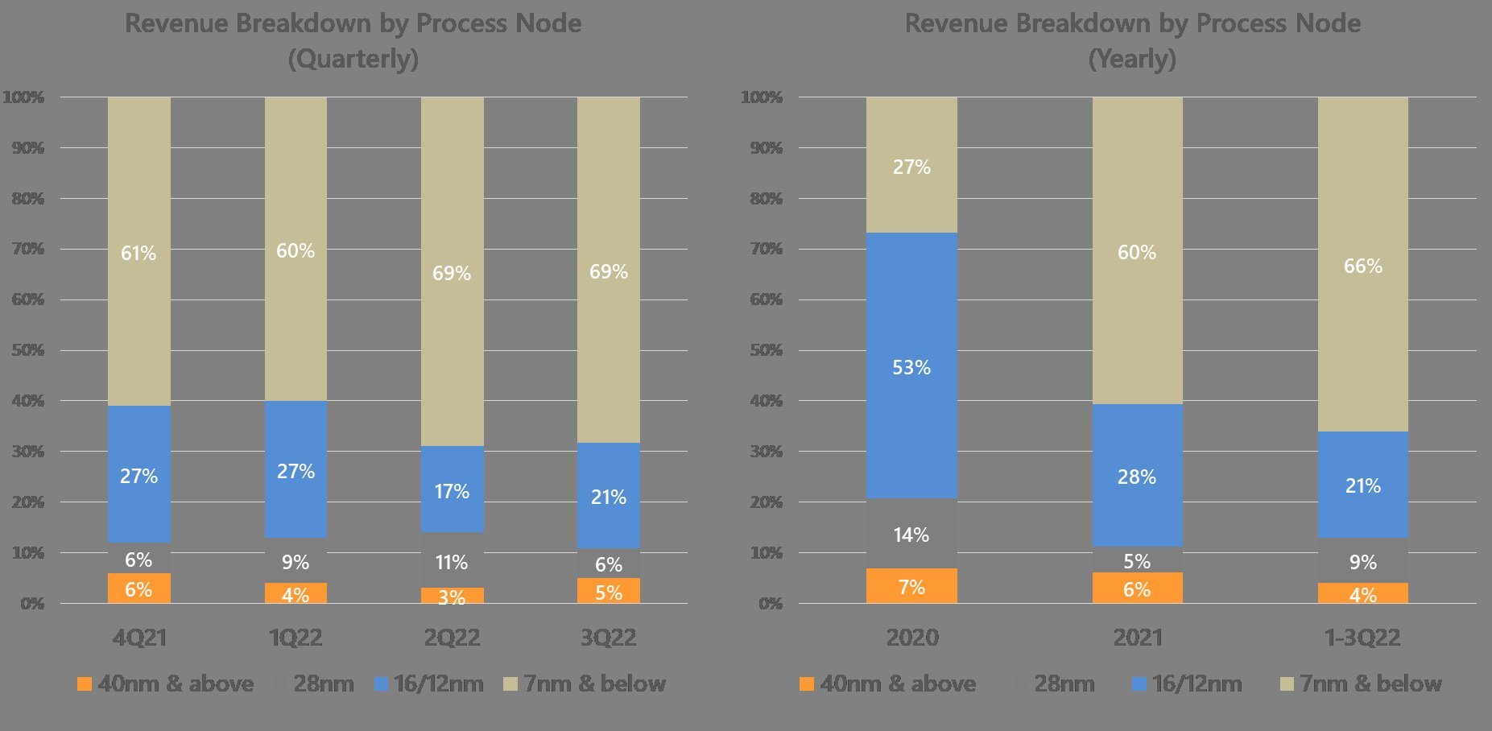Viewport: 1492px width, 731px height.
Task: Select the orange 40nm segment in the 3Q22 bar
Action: click(609, 591)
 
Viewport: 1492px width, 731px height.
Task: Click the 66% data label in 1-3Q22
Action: click(1362, 266)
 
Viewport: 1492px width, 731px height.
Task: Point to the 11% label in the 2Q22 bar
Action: click(452, 562)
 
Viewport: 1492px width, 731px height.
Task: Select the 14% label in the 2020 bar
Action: click(911, 535)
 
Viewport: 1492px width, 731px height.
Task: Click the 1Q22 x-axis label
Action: click(296, 638)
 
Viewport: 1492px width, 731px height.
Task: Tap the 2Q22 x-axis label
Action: click(452, 638)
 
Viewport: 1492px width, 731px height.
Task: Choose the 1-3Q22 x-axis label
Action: click(1362, 638)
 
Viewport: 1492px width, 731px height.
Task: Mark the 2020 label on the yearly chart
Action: click(911, 638)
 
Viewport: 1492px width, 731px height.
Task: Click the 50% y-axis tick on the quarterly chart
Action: click(27, 350)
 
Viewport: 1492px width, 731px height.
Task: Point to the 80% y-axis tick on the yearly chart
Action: click(766, 199)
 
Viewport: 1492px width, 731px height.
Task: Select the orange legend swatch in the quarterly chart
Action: click(84, 684)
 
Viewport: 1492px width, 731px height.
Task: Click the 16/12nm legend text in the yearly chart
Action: click(1196, 684)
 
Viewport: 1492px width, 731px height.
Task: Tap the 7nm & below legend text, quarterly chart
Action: click(594, 684)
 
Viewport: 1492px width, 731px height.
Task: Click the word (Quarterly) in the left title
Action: click(353, 59)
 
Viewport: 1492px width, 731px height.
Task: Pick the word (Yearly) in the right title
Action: click(1132, 59)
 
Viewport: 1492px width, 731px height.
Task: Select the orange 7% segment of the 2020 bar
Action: click(911, 586)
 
